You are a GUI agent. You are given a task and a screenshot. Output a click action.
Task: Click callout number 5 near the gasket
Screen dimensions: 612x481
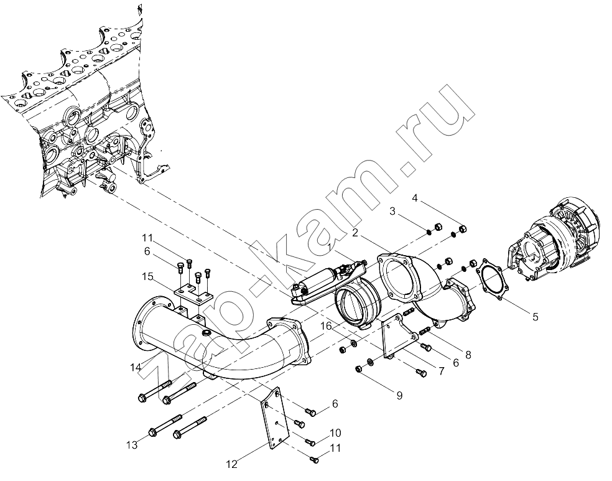pos(535,316)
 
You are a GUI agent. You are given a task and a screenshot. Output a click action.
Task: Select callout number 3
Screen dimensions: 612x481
pos(392,212)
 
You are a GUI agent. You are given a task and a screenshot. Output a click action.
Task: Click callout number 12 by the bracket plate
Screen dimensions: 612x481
pos(231,464)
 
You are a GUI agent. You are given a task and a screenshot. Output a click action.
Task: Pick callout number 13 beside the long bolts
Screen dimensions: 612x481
pos(132,445)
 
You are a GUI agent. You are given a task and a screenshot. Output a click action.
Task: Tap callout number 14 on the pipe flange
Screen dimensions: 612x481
pos(136,367)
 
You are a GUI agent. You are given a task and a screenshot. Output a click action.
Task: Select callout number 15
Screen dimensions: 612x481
pos(147,277)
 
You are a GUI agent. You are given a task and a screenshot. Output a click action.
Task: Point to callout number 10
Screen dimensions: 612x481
pos(335,432)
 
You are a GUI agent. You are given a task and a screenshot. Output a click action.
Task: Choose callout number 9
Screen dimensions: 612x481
pos(399,396)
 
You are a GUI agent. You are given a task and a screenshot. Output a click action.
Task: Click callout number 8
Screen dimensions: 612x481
pos(468,355)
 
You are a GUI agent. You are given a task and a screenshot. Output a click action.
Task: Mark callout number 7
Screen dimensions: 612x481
pos(441,371)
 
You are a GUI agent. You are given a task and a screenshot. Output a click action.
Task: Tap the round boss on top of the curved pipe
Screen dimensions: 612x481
pos(205,333)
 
